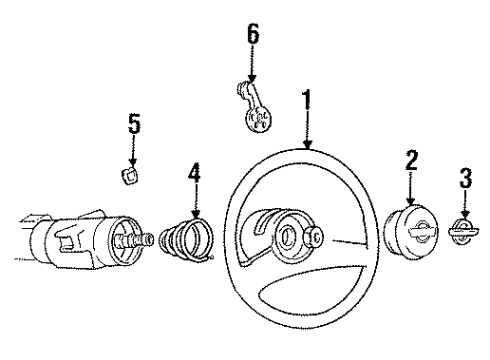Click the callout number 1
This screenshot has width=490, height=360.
[307, 101]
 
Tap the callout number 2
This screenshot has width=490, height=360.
[410, 159]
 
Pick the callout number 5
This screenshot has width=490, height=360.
[134, 127]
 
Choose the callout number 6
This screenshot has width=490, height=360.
[252, 33]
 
